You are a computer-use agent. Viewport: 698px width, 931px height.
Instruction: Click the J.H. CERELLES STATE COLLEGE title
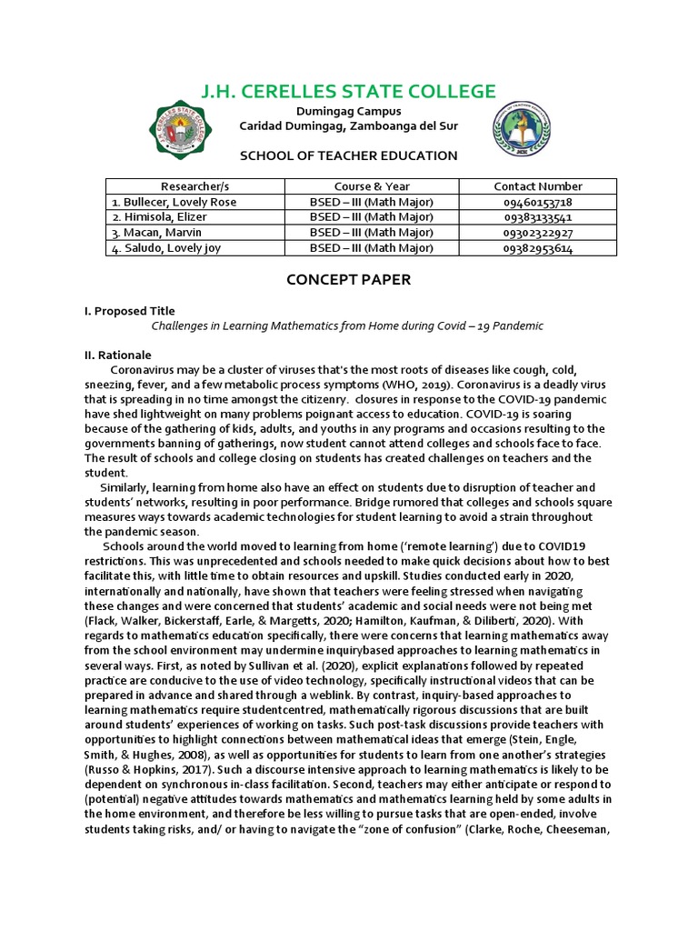click(348, 91)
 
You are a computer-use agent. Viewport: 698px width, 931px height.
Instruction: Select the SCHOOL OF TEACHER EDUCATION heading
click(348, 155)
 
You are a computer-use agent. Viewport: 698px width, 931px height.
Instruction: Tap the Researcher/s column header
click(195, 186)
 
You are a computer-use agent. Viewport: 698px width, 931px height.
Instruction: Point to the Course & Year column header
click(372, 186)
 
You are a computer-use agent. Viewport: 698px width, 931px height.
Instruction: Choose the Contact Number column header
click(538, 186)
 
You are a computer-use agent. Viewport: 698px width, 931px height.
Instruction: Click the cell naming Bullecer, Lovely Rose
click(162, 202)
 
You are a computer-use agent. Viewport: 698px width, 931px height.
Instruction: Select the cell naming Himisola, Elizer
click(159, 217)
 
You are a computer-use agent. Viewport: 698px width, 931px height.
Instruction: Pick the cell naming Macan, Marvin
click(154, 233)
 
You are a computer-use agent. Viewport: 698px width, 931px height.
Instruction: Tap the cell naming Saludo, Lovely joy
click(160, 248)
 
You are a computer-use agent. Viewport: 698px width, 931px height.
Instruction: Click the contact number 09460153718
click(538, 202)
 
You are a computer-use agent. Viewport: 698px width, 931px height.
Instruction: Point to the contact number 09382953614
click(538, 248)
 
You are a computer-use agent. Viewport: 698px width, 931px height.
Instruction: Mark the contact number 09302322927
click(538, 233)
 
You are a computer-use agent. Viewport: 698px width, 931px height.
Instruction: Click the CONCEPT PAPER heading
click(349, 280)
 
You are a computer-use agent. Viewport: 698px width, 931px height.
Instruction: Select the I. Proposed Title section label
click(129, 311)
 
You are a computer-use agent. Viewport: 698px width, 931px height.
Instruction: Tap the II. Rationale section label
click(117, 355)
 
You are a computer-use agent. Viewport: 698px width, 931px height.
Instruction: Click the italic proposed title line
click(346, 325)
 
